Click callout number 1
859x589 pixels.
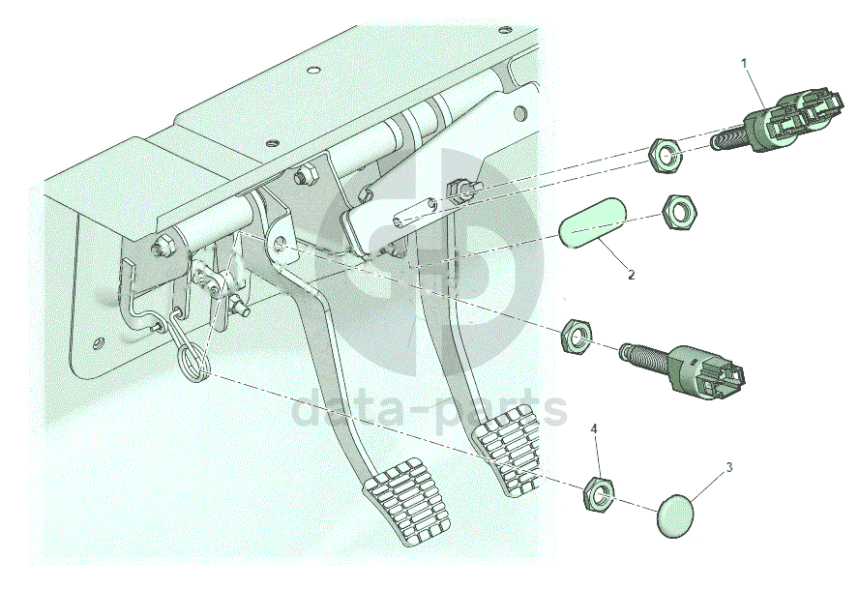pyautogui.click(x=744, y=63)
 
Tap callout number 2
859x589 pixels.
pyautogui.click(x=631, y=275)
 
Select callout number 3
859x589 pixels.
pyautogui.click(x=729, y=467)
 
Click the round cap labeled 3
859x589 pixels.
pyautogui.click(x=678, y=514)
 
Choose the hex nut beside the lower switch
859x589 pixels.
pyautogui.click(x=577, y=336)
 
